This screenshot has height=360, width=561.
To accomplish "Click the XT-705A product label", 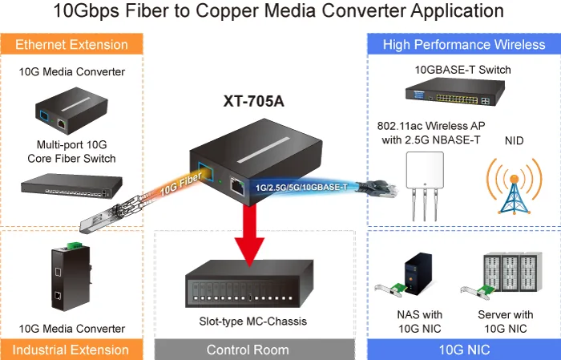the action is coord(254,101).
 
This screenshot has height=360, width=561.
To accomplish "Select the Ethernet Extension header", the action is coord(71,44).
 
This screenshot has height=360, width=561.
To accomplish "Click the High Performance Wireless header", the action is coord(464,44).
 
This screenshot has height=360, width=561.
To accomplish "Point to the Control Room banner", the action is coord(248,350).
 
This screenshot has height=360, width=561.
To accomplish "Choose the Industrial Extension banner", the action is coord(71,350).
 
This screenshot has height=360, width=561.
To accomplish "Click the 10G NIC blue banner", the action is coord(464,350).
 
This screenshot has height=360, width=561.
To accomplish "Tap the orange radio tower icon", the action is coord(515,186).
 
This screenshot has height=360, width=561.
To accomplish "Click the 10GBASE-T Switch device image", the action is coord(455,91).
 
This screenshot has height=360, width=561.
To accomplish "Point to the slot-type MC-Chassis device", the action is coord(249,284).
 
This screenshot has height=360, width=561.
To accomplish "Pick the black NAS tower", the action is coord(418,273).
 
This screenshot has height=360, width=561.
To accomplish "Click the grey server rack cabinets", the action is coord(513,272).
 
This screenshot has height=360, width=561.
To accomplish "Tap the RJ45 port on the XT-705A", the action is coord(236,186).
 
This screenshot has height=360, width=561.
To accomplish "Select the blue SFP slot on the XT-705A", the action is coord(206,172).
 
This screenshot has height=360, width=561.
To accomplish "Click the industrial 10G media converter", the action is coord(71,277).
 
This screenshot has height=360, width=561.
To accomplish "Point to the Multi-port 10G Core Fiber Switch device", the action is coord(71,186).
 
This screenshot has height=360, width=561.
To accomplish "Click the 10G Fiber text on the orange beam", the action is coord(180,184).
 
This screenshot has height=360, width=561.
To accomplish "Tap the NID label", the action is coord(515,140).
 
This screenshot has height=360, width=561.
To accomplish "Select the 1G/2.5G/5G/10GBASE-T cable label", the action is coord(301,188).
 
